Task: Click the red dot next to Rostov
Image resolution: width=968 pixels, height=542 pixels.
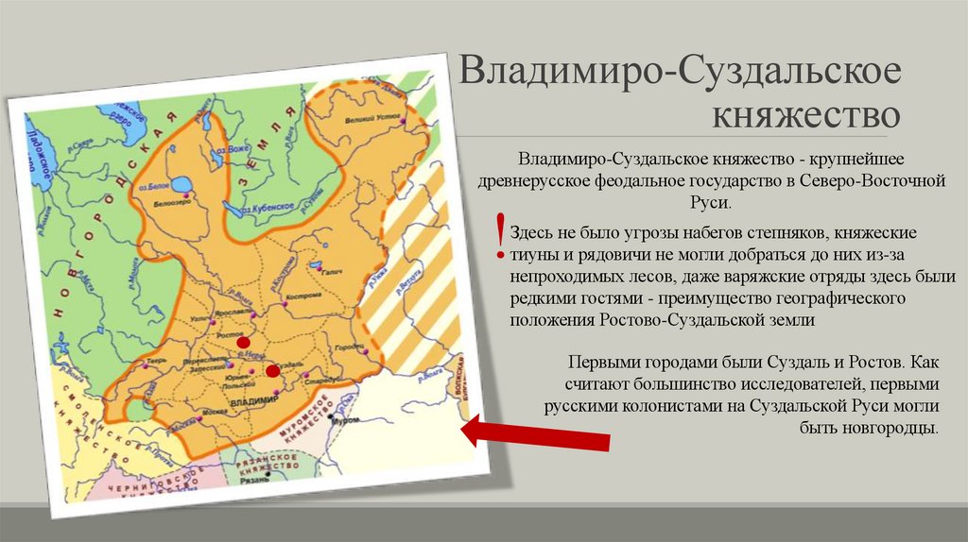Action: click(244, 342)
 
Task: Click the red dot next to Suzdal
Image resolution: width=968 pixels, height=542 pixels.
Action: click(273, 371)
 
